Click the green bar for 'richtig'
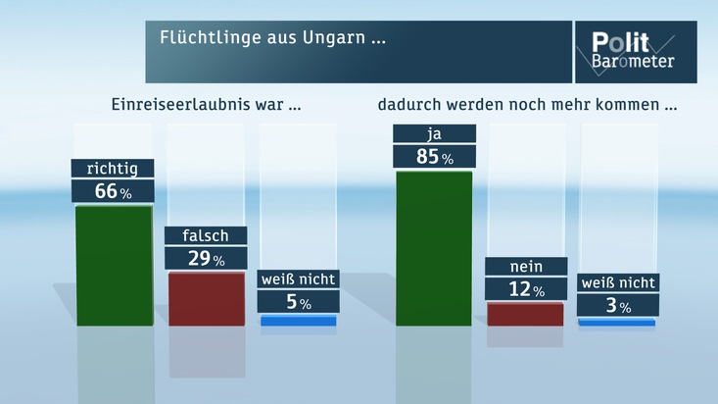(114, 265)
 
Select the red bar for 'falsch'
(206, 298)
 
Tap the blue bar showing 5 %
(299, 321)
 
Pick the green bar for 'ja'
(433, 248)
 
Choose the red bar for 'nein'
(526, 314)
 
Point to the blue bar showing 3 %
(617, 322)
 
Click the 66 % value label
(113, 191)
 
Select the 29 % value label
(206, 259)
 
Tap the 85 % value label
(434, 156)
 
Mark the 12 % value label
(526, 289)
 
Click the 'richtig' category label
(113, 169)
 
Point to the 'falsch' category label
(206, 236)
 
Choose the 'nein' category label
(526, 267)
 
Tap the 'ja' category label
(434, 133)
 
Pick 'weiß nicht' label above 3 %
(617, 283)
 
